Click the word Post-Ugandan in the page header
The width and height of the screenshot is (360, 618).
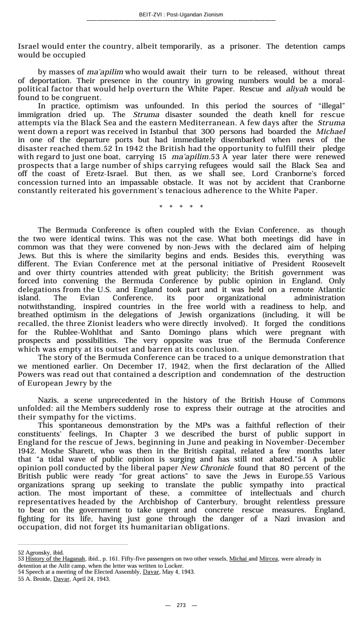(189, 15)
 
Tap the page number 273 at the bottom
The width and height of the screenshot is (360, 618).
(181, 605)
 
